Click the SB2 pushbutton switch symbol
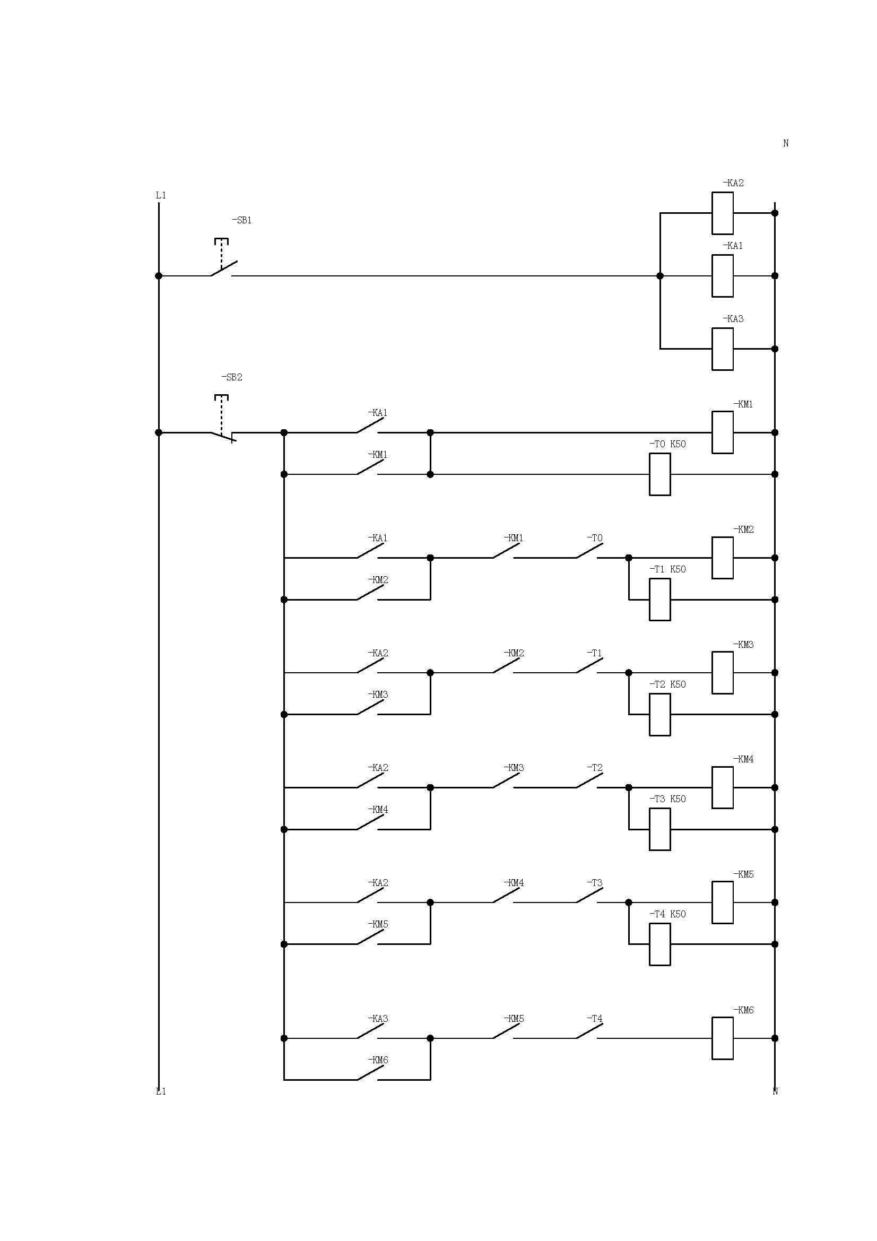(223, 432)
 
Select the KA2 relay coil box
(723, 213)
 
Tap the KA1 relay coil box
(723, 276)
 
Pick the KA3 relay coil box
(723, 349)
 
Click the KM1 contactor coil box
(723, 432)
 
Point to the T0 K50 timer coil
(660, 474)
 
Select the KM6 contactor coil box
(723, 1038)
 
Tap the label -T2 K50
(667, 684)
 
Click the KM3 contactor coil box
(723, 672)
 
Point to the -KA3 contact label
(378, 1019)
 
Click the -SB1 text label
(241, 221)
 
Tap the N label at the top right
(786, 143)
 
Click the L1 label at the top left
(161, 195)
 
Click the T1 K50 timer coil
(660, 600)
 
